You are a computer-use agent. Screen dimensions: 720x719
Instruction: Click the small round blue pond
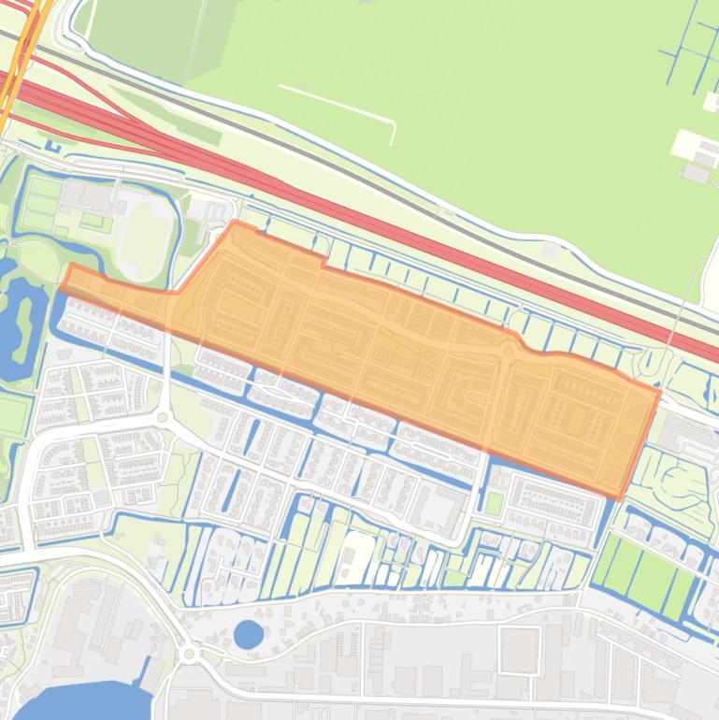248,635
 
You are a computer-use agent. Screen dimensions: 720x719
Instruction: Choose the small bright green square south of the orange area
494,503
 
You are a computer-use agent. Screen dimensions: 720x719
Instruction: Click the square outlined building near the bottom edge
519,649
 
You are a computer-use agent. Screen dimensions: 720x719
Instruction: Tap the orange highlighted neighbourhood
393,346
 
